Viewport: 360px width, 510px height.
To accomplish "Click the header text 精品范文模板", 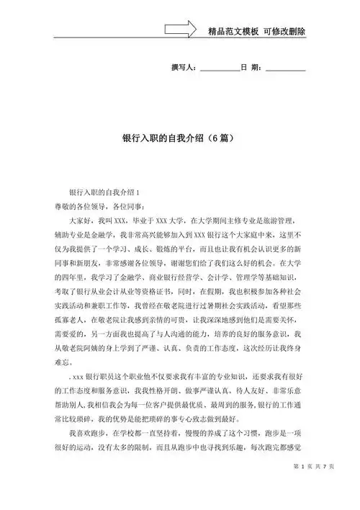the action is [x=231, y=32].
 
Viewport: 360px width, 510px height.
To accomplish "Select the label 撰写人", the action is [x=183, y=68].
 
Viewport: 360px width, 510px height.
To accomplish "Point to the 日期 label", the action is [x=253, y=68].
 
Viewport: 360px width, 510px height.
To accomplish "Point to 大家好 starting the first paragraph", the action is [x=81, y=220].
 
